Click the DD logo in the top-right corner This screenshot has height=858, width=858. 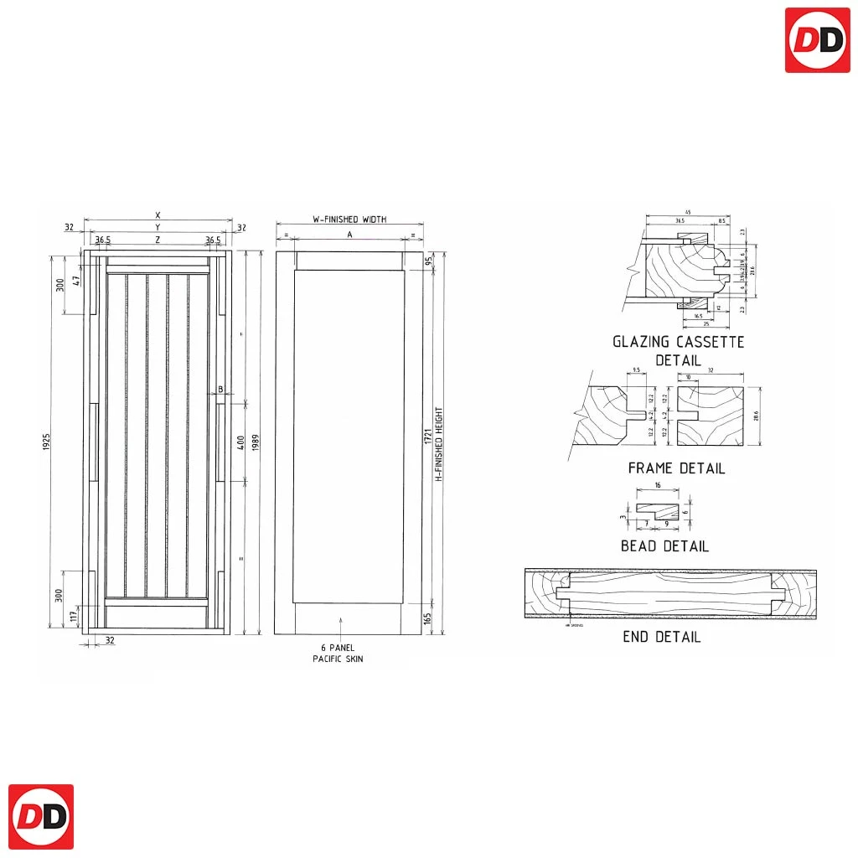[x=817, y=40]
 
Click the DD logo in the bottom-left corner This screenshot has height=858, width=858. [x=41, y=817]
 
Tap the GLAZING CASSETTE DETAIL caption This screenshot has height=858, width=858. [x=678, y=350]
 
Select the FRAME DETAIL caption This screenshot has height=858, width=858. [x=676, y=468]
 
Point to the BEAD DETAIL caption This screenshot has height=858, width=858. [x=664, y=546]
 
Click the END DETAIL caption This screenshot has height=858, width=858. [x=661, y=637]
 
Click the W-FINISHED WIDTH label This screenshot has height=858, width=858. [x=349, y=220]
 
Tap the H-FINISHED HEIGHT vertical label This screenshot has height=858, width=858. [x=438, y=444]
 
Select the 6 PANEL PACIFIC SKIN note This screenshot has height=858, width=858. [x=342, y=654]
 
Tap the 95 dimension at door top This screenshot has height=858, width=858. [x=428, y=261]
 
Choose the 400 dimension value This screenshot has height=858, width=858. [x=240, y=442]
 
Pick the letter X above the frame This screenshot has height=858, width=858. [x=158, y=215]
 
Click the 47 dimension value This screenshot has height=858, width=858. [x=75, y=281]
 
